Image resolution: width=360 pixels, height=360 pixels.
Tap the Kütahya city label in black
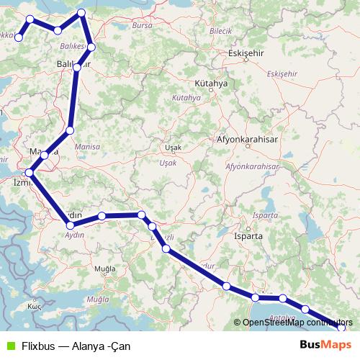210,84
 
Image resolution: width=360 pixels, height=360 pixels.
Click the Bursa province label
143,25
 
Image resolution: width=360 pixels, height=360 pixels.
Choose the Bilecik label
220,31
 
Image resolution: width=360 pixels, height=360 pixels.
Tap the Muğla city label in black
105,269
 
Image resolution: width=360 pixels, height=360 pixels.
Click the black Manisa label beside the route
40,150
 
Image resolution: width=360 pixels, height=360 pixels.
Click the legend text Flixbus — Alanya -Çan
70,346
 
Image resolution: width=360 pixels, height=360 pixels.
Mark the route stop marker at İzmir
30,173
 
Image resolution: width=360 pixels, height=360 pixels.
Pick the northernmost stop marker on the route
81,13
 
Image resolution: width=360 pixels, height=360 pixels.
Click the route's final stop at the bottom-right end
341,328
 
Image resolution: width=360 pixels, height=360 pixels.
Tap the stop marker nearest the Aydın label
70,226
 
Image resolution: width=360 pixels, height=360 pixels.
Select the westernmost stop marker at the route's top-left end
19,37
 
